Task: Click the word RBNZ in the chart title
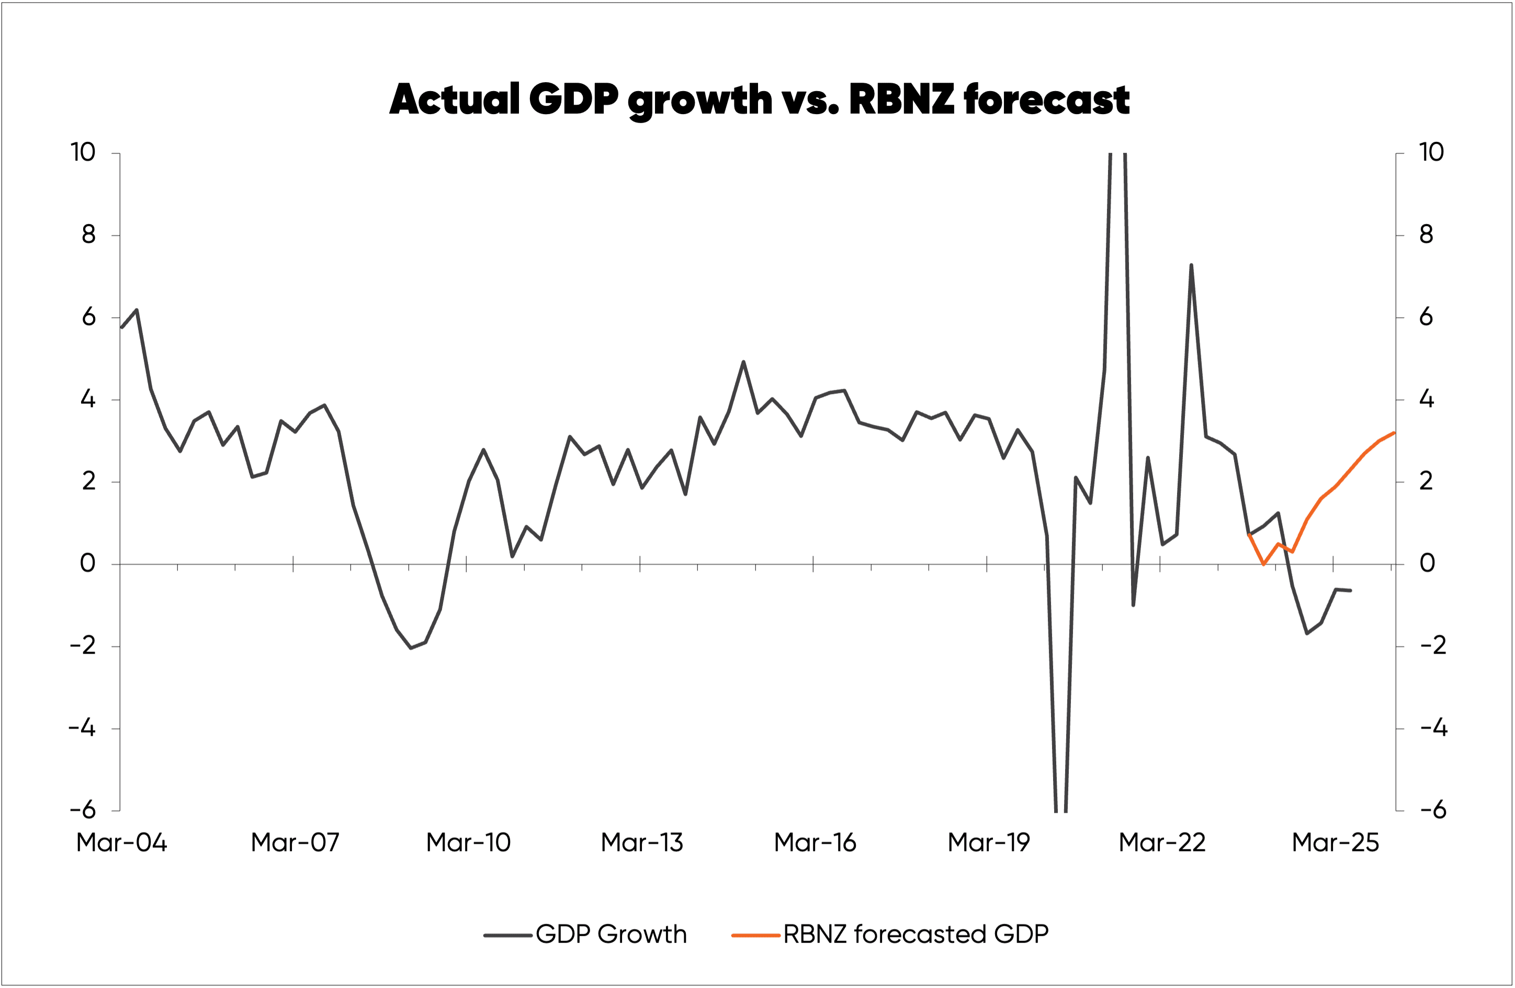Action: pos(901,99)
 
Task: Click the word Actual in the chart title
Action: pos(455,99)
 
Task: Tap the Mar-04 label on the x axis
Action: pos(121,842)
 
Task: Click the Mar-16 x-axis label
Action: pos(815,842)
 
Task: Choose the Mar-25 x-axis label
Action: pos(1335,842)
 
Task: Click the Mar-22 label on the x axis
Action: pos(1162,842)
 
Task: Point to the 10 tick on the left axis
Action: pos(83,152)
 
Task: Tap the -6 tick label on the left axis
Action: pos(83,811)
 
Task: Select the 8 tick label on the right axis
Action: pos(1426,235)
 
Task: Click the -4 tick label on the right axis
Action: pos(1433,728)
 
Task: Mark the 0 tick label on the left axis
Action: pos(88,564)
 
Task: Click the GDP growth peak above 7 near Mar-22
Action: pos(1191,265)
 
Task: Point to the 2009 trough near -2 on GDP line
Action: pos(411,648)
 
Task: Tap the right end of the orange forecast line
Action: pos(1394,433)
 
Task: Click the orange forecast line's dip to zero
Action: pos(1263,564)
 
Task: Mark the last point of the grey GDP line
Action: pos(1351,591)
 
